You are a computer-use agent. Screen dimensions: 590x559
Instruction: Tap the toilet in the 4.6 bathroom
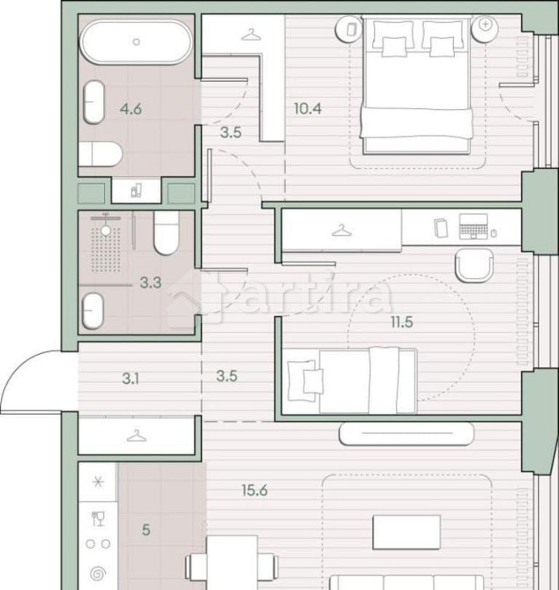[x=100, y=156]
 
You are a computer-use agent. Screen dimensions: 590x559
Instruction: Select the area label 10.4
[x=307, y=109]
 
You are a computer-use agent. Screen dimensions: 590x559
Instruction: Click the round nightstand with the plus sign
[x=485, y=26]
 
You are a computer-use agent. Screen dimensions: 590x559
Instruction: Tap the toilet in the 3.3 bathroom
[x=167, y=233]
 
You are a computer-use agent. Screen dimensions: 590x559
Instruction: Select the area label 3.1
[x=130, y=380]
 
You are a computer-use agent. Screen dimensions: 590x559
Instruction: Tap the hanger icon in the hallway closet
[x=136, y=436]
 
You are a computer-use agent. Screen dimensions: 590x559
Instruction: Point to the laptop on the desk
[x=473, y=229]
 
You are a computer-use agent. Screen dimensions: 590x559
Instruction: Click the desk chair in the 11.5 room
[x=477, y=264]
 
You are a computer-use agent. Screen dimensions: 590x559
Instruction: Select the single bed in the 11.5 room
[x=351, y=380]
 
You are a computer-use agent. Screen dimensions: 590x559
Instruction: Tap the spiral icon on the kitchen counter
[x=97, y=572]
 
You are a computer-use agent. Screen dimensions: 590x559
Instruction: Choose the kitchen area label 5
[x=145, y=529]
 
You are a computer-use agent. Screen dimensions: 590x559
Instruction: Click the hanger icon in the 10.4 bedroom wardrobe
[x=251, y=35]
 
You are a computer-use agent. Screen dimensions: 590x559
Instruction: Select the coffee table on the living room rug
[x=406, y=531]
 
